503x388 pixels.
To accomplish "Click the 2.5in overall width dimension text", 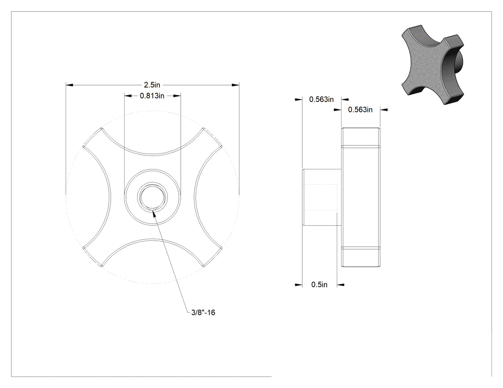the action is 152,85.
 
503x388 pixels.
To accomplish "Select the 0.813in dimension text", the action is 152,96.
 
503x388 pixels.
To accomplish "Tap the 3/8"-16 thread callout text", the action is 203,312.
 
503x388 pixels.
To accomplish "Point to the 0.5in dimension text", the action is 319,285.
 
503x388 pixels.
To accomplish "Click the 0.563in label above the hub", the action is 321,100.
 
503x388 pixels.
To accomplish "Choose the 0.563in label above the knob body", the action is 360,110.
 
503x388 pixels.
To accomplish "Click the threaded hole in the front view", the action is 152,197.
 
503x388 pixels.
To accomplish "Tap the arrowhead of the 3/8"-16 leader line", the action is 154,213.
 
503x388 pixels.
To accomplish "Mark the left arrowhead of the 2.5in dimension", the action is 69,85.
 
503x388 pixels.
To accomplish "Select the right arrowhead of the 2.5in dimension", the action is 236,85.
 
